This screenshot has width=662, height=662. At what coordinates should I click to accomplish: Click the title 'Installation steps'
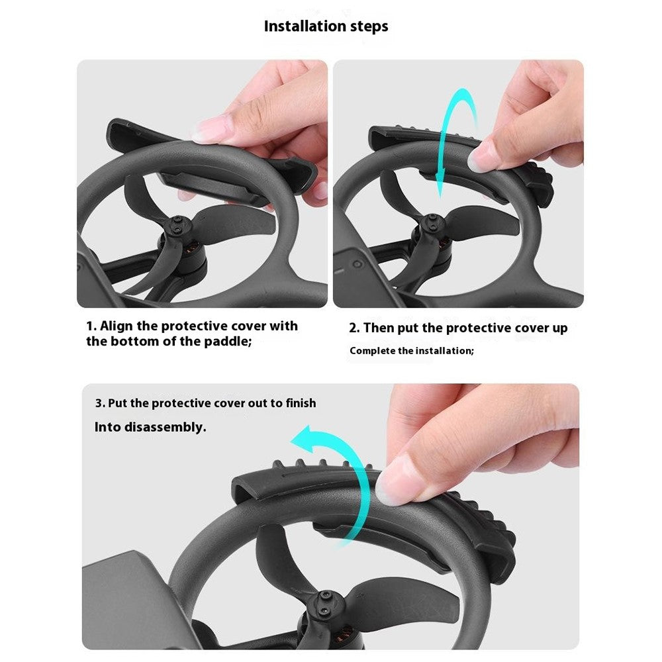326,26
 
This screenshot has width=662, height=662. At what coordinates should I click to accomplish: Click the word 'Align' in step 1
116,326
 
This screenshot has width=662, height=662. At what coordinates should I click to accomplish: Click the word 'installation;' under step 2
445,351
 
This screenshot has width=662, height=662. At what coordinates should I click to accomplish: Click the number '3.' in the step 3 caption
100,403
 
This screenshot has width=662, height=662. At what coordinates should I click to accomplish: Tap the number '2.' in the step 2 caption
354,328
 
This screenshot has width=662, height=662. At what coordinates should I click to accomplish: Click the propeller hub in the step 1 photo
177,224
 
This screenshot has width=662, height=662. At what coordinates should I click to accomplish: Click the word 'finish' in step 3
301,402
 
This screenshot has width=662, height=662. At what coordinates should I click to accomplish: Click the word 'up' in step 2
559,329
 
